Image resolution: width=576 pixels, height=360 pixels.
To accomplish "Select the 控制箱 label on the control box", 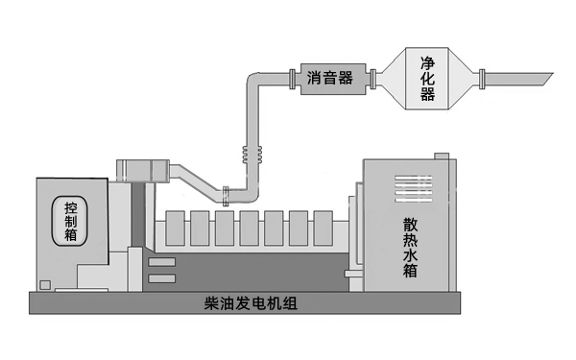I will point(72,222).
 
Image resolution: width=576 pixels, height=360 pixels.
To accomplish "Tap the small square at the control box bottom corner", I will point(44,282).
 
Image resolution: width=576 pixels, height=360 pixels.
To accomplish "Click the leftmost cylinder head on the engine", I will point(176,227).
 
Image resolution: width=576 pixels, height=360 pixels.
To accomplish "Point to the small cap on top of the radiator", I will point(441,154).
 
